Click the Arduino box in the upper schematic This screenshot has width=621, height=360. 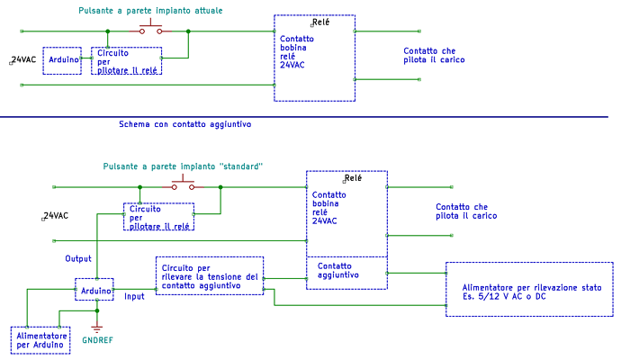(x=62, y=60)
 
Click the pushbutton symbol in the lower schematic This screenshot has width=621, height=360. (x=183, y=185)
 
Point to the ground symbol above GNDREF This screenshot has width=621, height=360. (x=97, y=327)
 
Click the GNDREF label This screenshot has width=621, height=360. (x=98, y=342)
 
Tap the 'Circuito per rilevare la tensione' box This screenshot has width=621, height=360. (x=210, y=276)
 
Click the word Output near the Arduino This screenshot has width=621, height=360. (x=78, y=258)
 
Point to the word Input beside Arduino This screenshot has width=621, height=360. (x=134, y=296)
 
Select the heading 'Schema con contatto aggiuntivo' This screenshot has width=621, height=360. (x=184, y=124)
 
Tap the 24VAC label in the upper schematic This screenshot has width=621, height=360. (x=23, y=59)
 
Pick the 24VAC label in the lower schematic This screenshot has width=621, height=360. (x=56, y=216)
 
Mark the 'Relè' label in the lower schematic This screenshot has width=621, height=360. (x=352, y=178)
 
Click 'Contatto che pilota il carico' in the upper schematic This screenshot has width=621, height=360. (x=434, y=55)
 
